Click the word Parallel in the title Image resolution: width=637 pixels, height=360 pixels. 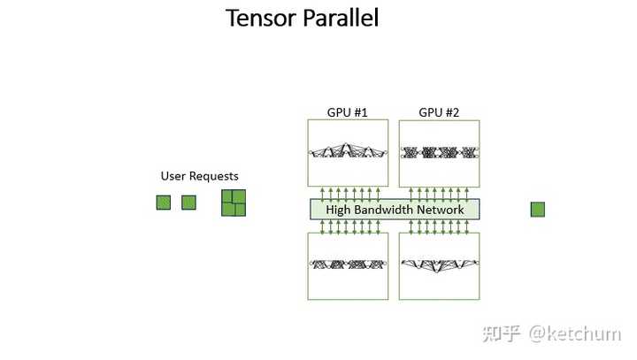[x=340, y=18]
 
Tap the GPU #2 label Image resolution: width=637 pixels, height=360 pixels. [x=439, y=112]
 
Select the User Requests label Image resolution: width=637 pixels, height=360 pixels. [x=199, y=176]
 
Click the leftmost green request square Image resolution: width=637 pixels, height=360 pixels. [x=163, y=203]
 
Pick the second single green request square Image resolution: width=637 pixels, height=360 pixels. [x=188, y=203]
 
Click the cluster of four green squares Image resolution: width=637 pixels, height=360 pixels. [x=234, y=203]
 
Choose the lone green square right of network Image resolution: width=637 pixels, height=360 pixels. [x=537, y=210]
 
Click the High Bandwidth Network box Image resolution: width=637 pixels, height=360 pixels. [x=395, y=210]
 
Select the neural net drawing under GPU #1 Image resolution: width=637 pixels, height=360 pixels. [x=349, y=152]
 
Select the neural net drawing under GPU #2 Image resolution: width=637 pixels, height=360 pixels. [x=440, y=152]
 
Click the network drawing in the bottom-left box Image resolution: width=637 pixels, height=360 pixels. [x=349, y=264]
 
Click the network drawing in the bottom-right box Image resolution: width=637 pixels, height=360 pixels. [x=440, y=264]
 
